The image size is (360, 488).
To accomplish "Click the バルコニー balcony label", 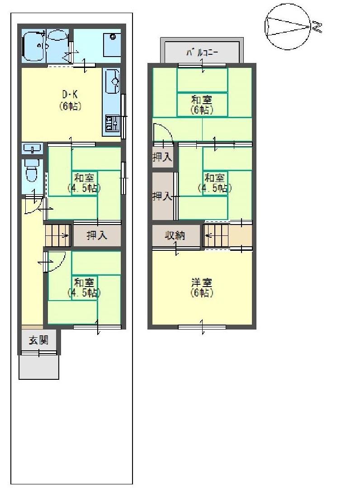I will click(x=202, y=53).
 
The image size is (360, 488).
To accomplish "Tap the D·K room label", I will click(x=70, y=95).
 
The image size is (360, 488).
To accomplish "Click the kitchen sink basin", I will click(x=113, y=81).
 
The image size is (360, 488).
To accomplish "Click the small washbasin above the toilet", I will click(x=32, y=148).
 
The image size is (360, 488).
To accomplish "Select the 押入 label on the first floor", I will click(x=96, y=235).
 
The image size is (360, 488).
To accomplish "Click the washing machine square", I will click(x=110, y=44).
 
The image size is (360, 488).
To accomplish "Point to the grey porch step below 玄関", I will click(x=39, y=367).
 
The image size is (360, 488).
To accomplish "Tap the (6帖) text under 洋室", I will click(x=202, y=293).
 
